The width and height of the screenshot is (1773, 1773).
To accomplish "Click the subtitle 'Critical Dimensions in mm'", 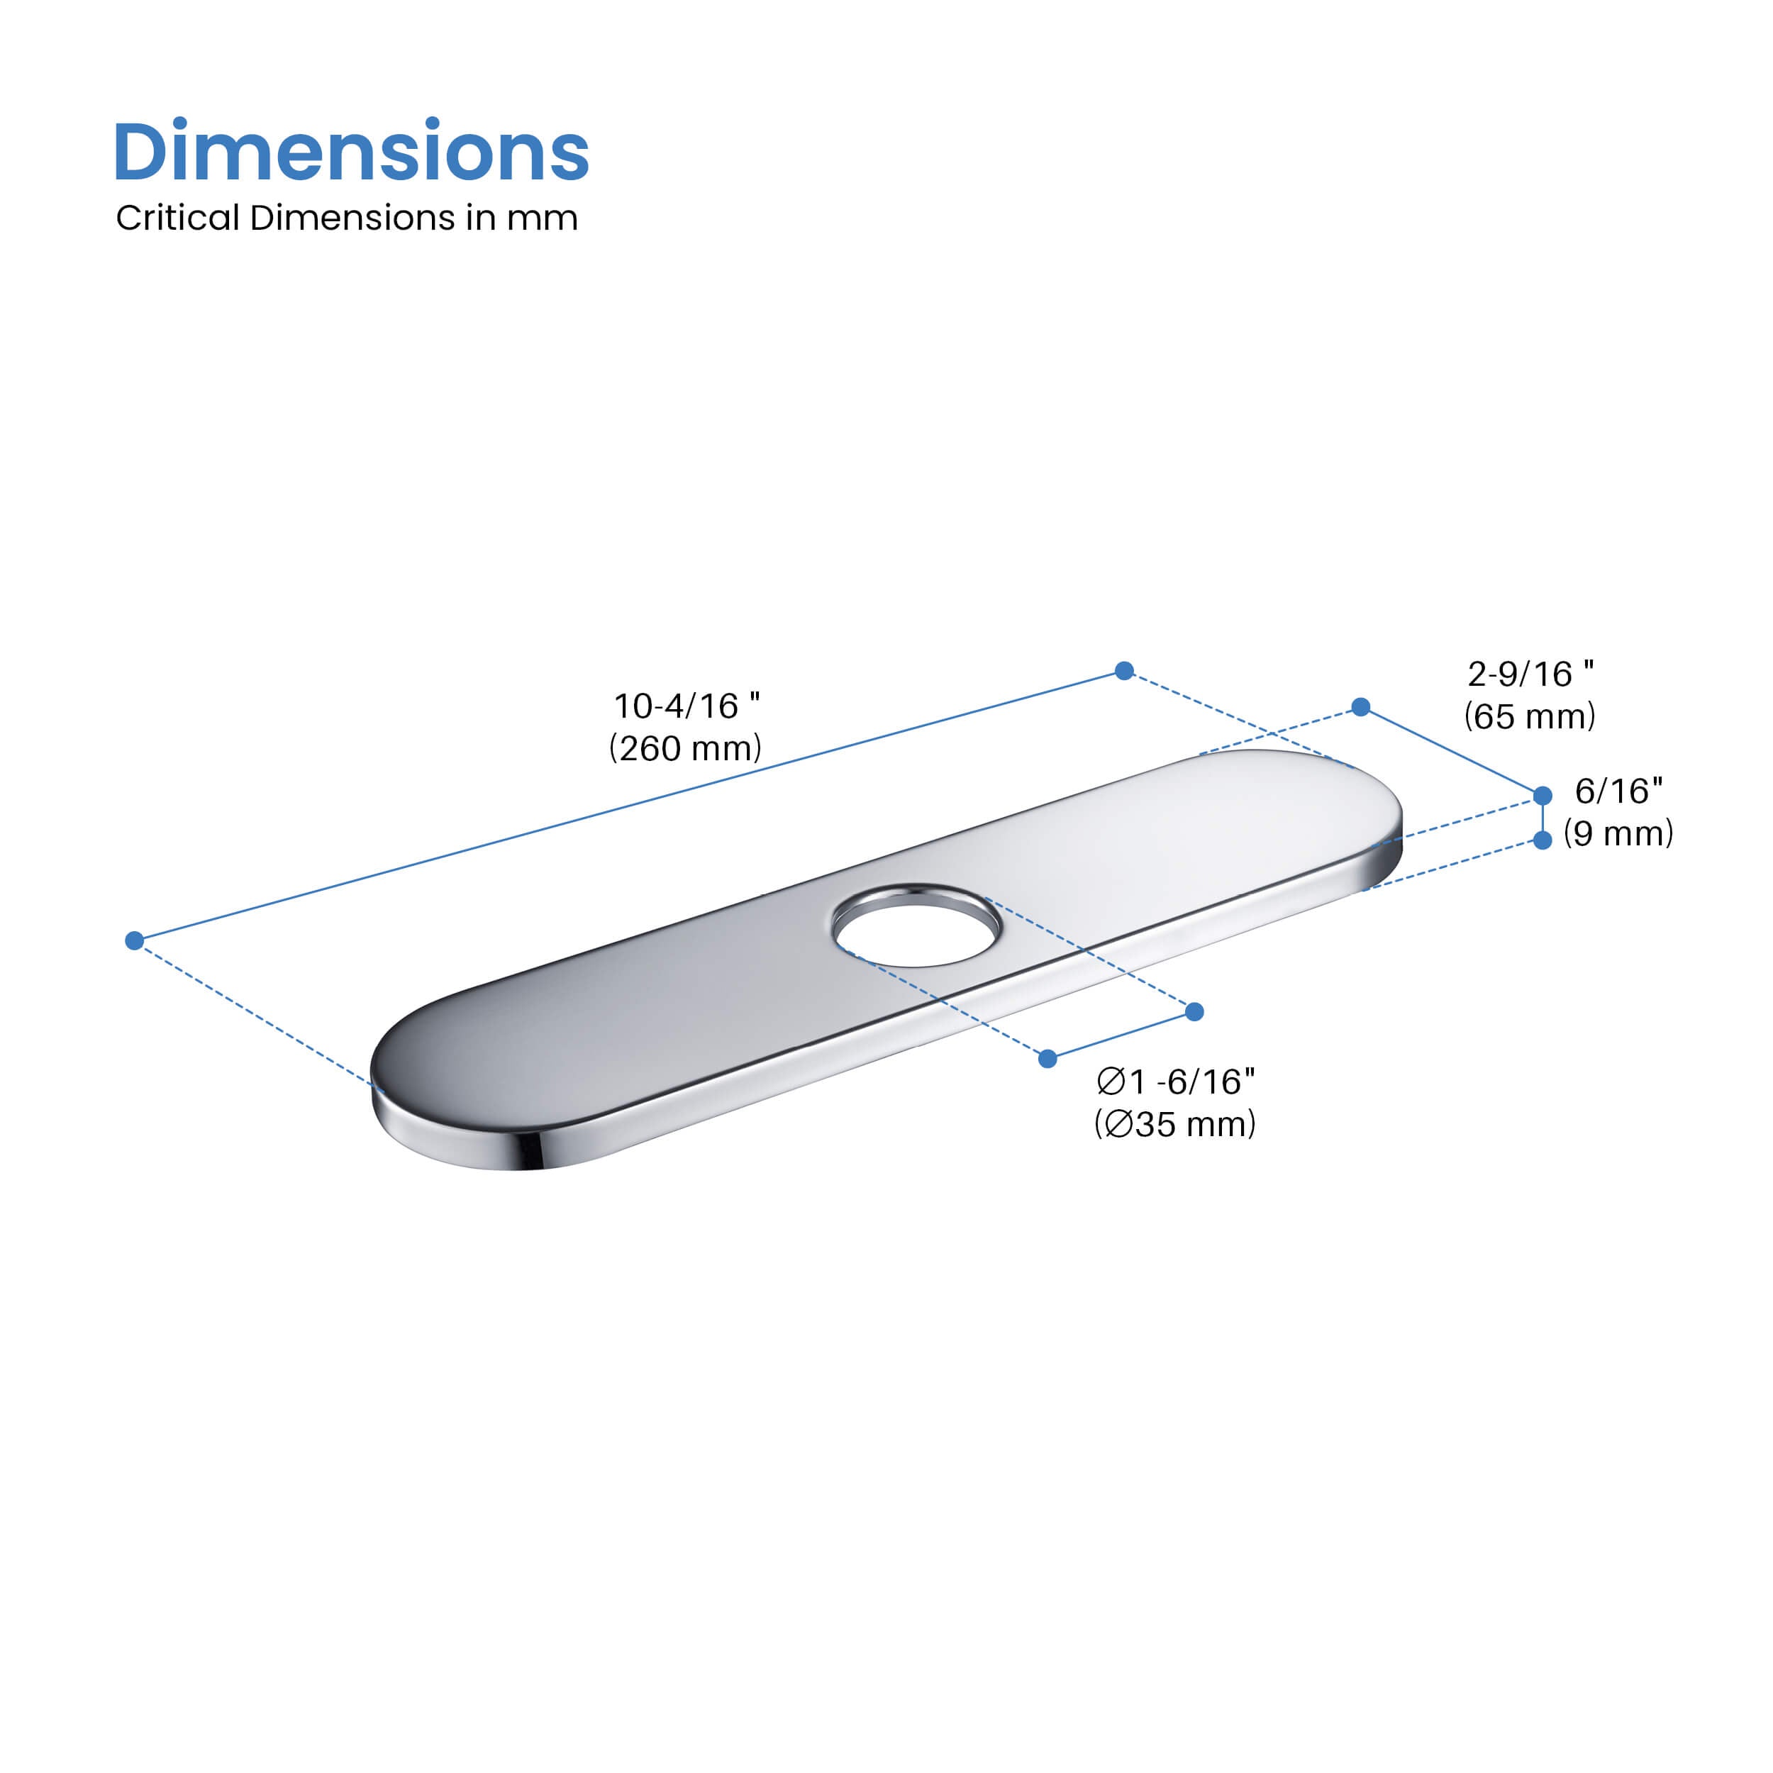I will (x=346, y=218).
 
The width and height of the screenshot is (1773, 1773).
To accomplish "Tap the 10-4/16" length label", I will (x=687, y=706).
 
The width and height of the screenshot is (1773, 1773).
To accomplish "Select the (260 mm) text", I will (x=686, y=748).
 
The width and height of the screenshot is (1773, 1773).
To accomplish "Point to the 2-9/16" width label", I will (x=1530, y=674).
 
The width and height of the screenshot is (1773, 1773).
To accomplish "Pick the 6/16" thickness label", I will (x=1619, y=790).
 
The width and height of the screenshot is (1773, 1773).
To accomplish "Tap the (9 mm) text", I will (x=1619, y=833).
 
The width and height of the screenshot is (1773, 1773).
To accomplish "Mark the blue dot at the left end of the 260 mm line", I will (x=135, y=940).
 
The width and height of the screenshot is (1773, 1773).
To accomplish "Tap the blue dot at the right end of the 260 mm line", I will (x=1124, y=671).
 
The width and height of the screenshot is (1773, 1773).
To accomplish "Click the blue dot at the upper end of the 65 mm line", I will (x=1361, y=706).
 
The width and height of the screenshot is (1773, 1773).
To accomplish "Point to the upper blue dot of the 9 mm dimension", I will (x=1543, y=796).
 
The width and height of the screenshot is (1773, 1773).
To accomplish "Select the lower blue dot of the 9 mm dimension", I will (x=1543, y=840).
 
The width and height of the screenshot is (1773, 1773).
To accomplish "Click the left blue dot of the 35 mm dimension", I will (x=1048, y=1059).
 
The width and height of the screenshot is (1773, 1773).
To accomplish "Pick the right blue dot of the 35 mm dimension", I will (x=1195, y=1011).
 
